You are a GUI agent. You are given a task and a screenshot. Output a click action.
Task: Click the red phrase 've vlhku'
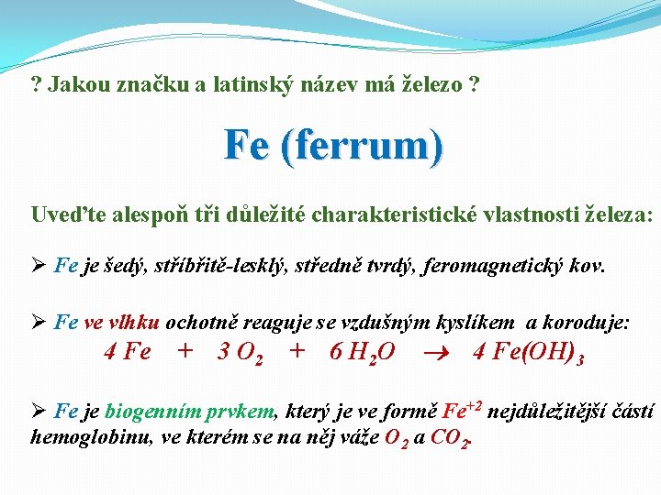tap(122, 322)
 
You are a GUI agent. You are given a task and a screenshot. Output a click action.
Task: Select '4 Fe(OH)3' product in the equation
tap(528, 352)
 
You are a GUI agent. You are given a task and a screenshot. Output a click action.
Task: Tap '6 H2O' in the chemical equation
tap(363, 352)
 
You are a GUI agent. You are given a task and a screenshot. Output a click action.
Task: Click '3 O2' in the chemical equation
tap(241, 352)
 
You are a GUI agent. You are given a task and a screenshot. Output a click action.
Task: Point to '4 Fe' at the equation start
tap(129, 352)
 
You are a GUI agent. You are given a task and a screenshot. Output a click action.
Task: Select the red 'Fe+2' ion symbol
tap(463, 410)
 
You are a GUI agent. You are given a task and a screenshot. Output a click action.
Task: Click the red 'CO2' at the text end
tap(453, 437)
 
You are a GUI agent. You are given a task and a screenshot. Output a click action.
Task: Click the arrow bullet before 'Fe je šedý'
tap(39, 267)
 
